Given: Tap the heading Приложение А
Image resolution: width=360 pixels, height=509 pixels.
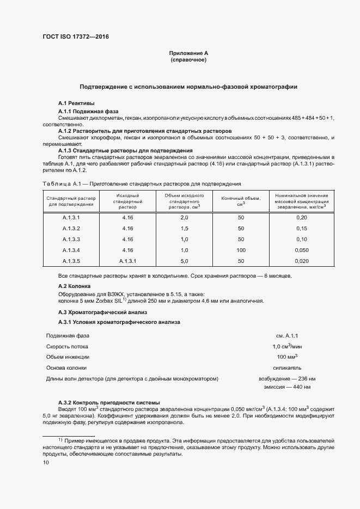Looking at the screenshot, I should click(188, 53).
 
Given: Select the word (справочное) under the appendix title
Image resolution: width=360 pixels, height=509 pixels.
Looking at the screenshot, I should click(188, 60).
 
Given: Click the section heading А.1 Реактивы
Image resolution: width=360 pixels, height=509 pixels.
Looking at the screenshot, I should click(76, 103).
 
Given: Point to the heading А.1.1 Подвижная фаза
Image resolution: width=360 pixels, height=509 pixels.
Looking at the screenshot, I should click(88, 111).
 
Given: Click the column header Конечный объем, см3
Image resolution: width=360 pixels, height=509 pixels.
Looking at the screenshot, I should click(241, 201).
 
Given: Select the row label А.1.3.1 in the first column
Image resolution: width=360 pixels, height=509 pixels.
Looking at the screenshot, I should click(71, 217).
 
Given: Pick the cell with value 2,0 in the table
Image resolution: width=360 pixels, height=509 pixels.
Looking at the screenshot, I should click(184, 217).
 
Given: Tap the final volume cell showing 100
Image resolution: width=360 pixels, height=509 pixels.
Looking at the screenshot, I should click(241, 250).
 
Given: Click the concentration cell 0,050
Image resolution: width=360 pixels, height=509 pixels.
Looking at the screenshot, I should click(302, 250).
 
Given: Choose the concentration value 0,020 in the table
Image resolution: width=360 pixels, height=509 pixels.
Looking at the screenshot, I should click(302, 261).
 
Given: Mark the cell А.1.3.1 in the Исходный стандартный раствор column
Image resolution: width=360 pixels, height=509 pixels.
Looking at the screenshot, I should click(128, 261).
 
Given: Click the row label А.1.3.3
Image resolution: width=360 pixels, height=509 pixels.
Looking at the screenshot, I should click(71, 239).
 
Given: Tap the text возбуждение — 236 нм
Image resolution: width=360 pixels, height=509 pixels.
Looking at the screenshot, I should click(286, 378).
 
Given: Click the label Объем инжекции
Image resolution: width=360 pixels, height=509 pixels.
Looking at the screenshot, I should click(68, 357).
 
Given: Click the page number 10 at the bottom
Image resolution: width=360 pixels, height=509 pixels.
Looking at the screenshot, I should click(46, 462).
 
